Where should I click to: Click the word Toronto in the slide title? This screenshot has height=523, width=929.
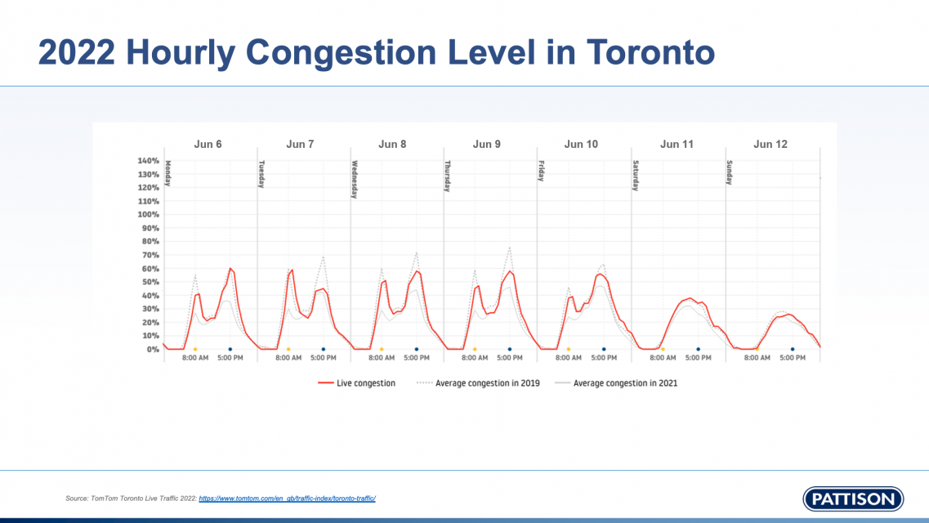(x=650, y=52)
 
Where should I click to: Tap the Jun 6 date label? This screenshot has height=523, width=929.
(x=208, y=145)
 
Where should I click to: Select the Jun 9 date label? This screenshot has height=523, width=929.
(x=486, y=145)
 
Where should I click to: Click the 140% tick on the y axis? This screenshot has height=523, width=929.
(x=149, y=161)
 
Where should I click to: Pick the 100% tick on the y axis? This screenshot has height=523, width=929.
(x=149, y=215)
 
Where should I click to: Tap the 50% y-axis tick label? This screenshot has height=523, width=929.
(x=150, y=282)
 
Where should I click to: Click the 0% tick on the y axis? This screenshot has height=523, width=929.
(x=153, y=349)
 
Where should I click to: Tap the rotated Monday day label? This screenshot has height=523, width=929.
(x=168, y=173)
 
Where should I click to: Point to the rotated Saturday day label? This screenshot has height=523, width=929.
(x=635, y=176)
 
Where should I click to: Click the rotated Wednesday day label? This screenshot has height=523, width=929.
(x=355, y=179)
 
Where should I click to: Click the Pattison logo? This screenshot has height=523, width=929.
(x=853, y=498)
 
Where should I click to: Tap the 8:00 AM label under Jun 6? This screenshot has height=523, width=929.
(x=196, y=359)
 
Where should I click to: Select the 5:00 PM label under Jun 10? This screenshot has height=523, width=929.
(x=604, y=359)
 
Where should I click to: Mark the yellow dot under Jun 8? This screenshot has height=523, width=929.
(x=382, y=349)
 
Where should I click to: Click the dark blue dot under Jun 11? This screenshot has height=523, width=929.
(x=698, y=349)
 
